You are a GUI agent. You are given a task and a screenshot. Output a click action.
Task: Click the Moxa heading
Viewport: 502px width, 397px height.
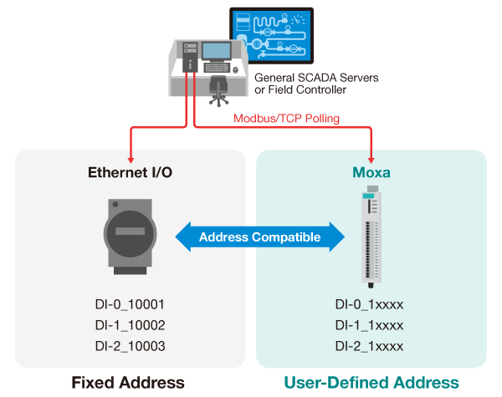[x=371, y=173]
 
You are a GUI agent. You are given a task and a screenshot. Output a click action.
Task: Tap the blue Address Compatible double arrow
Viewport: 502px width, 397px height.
[x=260, y=237]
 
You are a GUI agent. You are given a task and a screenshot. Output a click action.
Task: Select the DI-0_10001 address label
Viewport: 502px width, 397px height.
[x=130, y=303]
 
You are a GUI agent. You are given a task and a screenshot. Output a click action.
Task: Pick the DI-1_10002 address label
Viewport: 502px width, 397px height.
[x=130, y=324]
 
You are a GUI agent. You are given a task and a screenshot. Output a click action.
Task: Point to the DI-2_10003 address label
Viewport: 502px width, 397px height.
[x=130, y=346]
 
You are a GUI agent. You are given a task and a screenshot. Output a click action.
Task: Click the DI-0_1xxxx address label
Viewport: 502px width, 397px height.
[x=369, y=303]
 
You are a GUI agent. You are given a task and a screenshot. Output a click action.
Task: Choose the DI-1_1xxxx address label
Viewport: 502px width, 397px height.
[x=369, y=324]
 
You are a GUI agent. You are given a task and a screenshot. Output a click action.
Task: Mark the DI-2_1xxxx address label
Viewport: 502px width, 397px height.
[x=369, y=346]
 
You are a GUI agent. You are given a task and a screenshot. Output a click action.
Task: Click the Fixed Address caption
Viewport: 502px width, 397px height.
[x=128, y=382]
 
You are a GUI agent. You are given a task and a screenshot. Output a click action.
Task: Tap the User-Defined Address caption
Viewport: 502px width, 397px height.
[x=371, y=382]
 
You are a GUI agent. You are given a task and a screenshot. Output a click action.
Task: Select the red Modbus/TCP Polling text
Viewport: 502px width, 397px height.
[x=287, y=119]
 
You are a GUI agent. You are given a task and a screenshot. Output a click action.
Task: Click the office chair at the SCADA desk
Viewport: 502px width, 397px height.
[x=220, y=87]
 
